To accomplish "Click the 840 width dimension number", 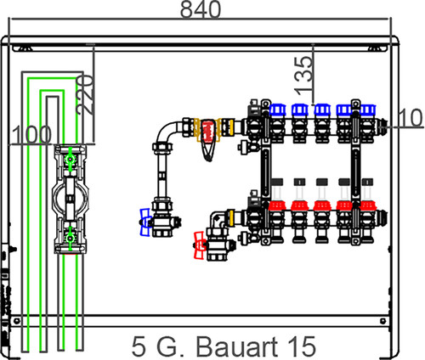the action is click(x=201, y=9).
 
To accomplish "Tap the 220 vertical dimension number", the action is click(x=85, y=95).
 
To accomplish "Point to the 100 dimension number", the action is click(x=31, y=134).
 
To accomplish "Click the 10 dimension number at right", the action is click(x=411, y=117).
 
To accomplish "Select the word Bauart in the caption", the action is click(x=236, y=346).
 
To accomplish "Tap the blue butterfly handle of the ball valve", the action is click(x=145, y=222).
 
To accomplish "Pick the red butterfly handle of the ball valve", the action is click(x=199, y=245).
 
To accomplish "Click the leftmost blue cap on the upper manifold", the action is click(x=277, y=110).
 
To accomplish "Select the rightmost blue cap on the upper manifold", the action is click(x=368, y=110).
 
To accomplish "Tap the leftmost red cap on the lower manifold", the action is click(x=277, y=205).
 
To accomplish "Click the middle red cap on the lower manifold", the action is click(x=322, y=205).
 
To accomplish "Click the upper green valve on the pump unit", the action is click(x=70, y=159).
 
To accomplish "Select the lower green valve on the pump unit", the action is click(x=70, y=239).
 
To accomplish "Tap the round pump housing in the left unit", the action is click(x=70, y=199).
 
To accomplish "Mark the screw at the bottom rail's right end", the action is click(x=383, y=321).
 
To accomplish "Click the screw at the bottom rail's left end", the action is click(x=17, y=321).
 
